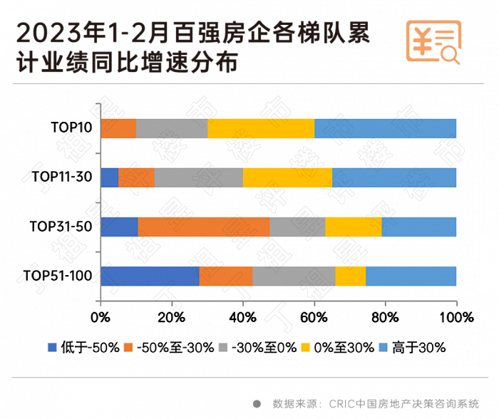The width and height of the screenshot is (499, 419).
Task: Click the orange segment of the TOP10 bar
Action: pos(118,128)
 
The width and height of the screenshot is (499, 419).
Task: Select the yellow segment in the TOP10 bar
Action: pos(260,128)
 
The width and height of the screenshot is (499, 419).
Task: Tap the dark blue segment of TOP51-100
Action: pos(150,276)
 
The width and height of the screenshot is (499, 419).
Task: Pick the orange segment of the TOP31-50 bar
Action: pos(203,227)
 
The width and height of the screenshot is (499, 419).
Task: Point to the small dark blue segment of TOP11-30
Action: pos(109,177)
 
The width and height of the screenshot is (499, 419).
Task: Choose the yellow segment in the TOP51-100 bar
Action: pos(350,276)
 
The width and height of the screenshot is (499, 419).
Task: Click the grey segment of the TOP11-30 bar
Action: pos(198,177)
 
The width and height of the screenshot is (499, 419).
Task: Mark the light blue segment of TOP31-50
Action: pos(418,227)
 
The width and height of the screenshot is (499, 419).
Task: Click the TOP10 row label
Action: pos(71,128)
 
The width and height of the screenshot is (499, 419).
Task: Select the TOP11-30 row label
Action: pos(63,177)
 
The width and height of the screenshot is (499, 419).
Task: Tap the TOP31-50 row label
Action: pos(61,227)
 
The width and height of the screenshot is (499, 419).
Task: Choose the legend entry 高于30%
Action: pos(414,348)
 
